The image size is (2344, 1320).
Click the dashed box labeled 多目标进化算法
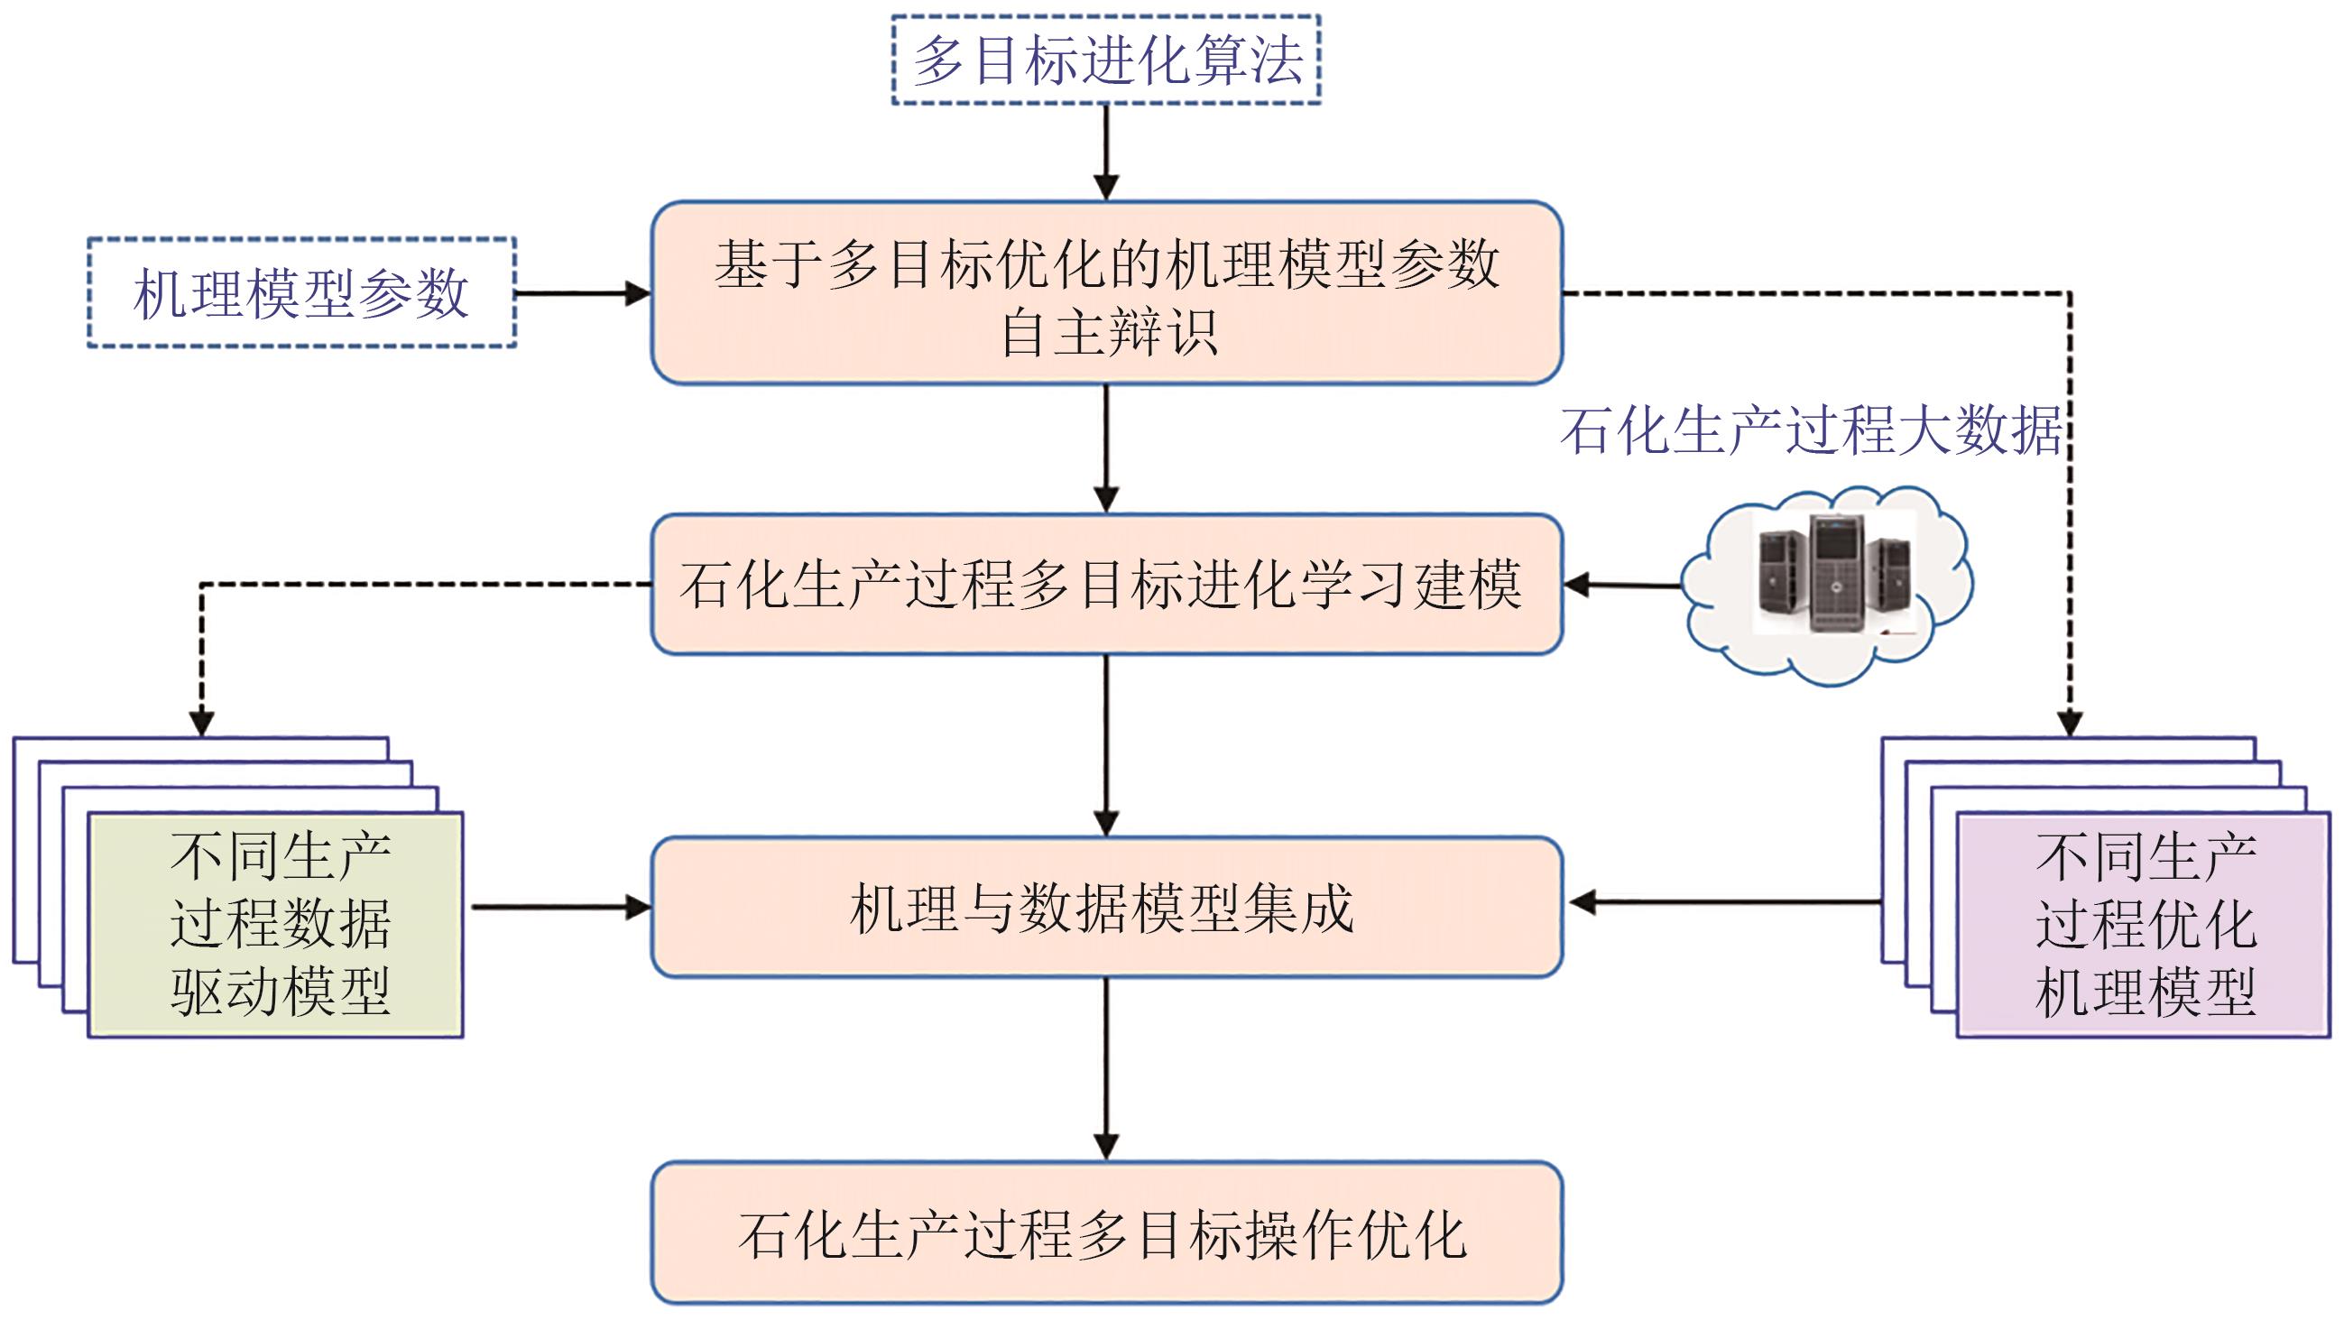click(1105, 60)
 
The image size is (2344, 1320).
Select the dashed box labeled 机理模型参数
click(301, 293)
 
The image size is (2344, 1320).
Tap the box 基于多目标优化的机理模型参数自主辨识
click(1106, 293)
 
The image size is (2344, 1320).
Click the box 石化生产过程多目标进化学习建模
click(1106, 584)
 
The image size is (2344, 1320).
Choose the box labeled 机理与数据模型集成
click(1106, 907)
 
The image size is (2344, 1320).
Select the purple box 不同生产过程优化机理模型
click(2144, 924)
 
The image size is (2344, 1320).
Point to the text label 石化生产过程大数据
click(1811, 430)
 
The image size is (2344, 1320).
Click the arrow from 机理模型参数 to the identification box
click(582, 293)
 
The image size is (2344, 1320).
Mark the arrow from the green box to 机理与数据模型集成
click(559, 907)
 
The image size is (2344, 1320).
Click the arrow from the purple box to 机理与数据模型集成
click(1724, 902)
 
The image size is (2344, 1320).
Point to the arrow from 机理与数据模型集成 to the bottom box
click(1105, 1069)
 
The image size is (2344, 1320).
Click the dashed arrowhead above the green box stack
click(201, 724)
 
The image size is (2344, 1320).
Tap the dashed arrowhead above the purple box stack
click(2070, 724)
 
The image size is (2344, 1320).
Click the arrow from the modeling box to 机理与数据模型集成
click(1105, 746)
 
